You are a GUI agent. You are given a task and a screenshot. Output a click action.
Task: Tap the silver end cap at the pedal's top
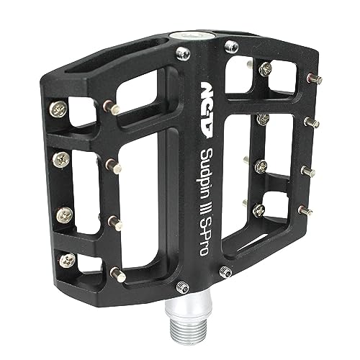coord(192,36)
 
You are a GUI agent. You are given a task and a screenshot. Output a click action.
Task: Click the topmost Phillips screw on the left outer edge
coord(58,109)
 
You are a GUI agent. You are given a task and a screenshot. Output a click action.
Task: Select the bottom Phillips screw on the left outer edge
coord(67,261)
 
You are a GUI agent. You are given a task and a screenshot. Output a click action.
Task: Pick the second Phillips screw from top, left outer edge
coord(61,160)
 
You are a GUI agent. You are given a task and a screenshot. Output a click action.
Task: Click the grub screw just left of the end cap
coord(183,54)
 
